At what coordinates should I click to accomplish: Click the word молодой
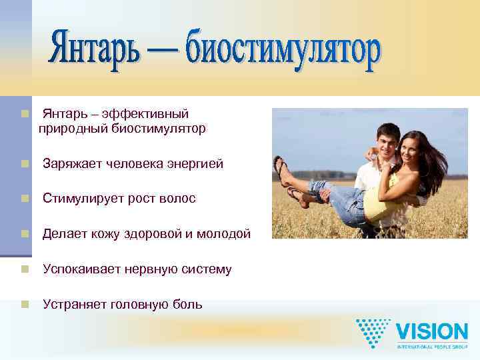[x=225, y=234]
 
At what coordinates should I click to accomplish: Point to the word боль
[x=187, y=305]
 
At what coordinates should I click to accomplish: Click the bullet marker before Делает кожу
[x=25, y=234]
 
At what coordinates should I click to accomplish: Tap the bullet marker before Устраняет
[x=25, y=305]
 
